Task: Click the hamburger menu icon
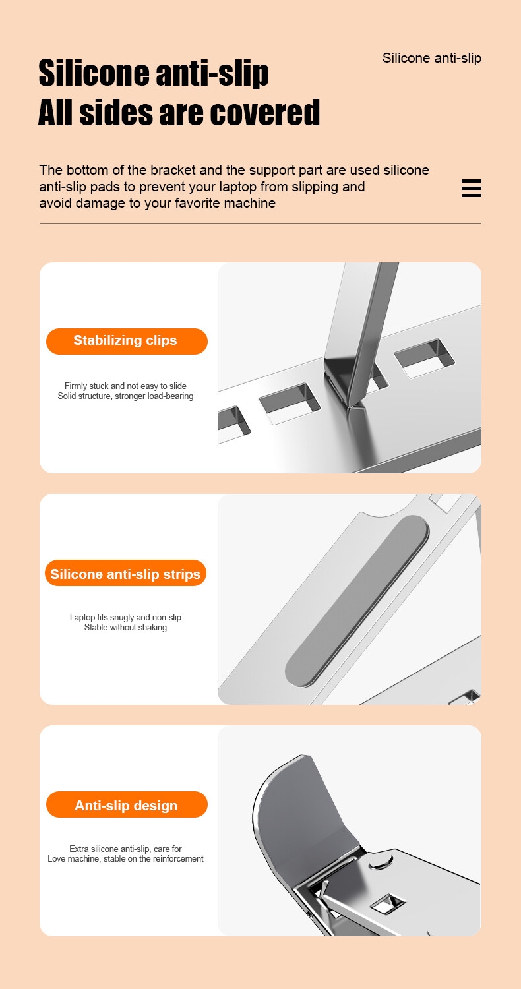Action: click(x=471, y=188)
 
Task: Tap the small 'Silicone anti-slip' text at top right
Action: click(x=432, y=58)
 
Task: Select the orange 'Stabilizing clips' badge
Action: click(x=127, y=341)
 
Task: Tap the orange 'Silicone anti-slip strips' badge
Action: click(x=125, y=573)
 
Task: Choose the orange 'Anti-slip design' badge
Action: click(x=127, y=804)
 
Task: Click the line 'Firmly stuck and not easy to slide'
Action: click(x=125, y=386)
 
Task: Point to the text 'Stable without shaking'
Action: click(x=125, y=627)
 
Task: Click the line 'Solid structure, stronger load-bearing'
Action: click(x=125, y=396)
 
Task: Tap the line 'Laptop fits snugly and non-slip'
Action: click(x=125, y=616)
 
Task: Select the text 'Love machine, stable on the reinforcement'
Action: click(x=125, y=858)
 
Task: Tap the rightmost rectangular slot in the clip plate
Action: click(x=424, y=358)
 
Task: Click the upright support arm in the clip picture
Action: click(x=360, y=331)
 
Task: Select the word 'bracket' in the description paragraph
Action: click(x=172, y=170)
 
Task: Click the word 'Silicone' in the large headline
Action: click(x=94, y=73)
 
